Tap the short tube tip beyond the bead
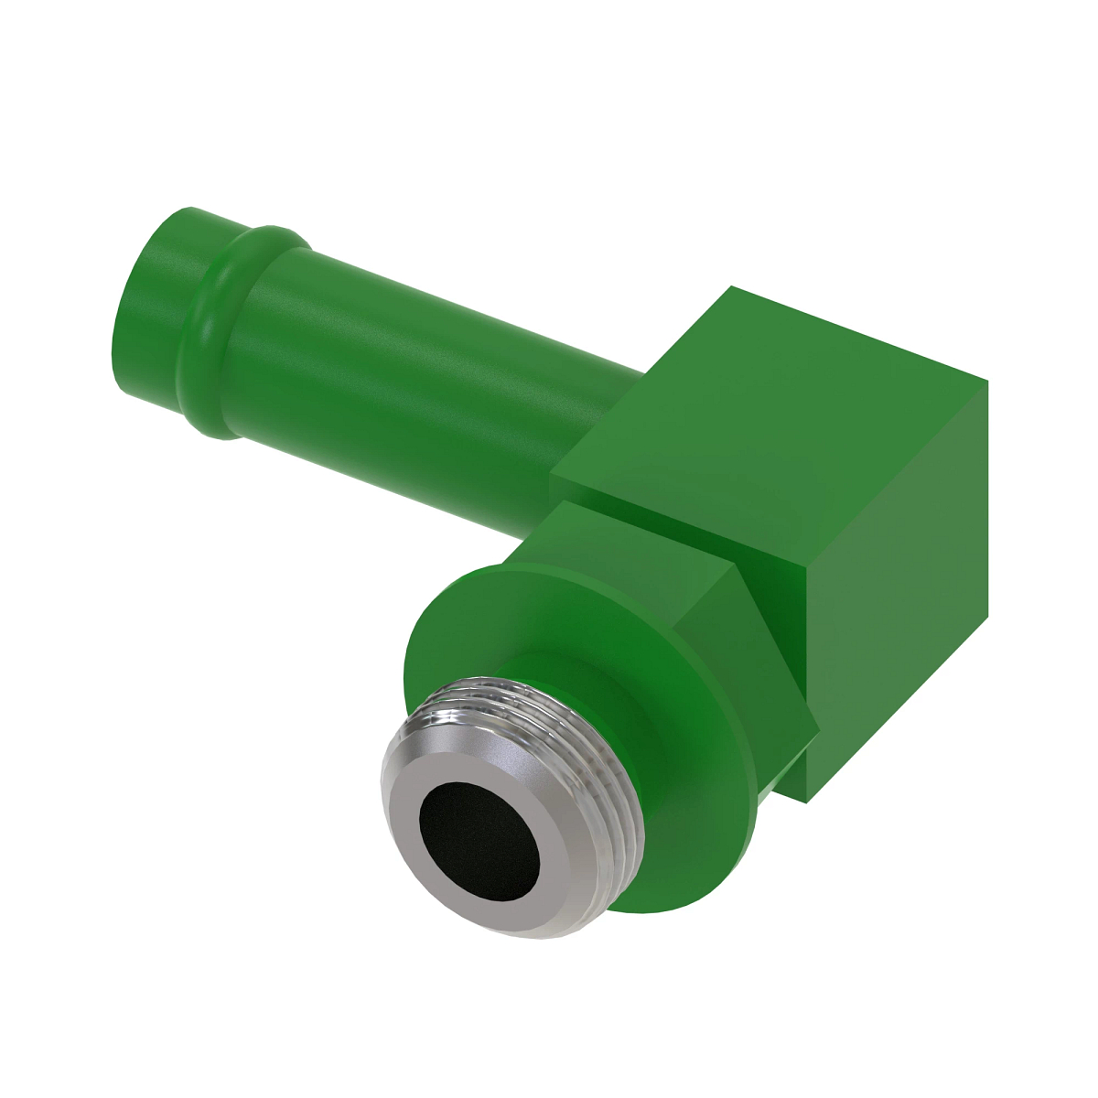(x=160, y=274)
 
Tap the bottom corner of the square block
(x=807, y=802)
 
